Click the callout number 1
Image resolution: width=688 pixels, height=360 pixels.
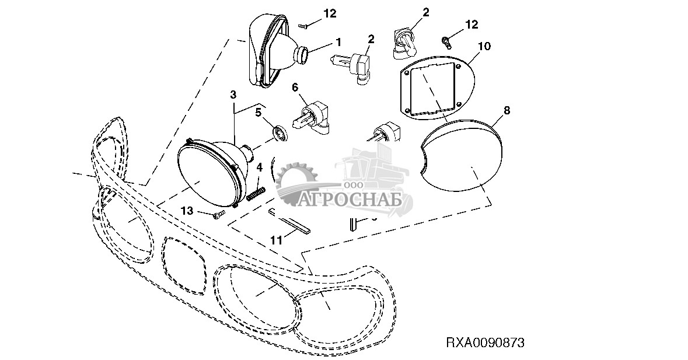coord(337,42)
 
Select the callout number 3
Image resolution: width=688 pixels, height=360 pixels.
coord(233,94)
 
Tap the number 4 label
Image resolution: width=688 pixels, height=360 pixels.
coord(260,167)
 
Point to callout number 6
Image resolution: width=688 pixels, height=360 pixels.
coord(295,87)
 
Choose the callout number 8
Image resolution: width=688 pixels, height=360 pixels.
coord(506,110)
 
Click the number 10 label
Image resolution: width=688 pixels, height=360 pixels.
coord(484,46)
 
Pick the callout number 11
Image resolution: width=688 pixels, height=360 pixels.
coord(276,239)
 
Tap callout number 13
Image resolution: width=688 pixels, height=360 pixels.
coord(187,209)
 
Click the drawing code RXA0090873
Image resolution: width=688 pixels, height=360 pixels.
coord(485,342)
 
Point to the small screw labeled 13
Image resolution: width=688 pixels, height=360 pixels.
coord(219,215)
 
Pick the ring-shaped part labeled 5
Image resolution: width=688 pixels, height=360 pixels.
coord(281,134)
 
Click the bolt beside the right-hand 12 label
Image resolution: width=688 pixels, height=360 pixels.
coord(446,40)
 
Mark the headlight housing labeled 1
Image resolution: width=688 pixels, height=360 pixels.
coord(273,53)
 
